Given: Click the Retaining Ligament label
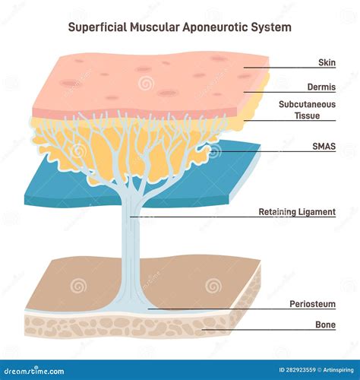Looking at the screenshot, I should pos(297,212).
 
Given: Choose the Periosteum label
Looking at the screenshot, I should pos(312,304).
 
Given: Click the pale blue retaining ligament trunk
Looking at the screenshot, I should pos(131,243).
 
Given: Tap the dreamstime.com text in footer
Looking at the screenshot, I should pos(38,370).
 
